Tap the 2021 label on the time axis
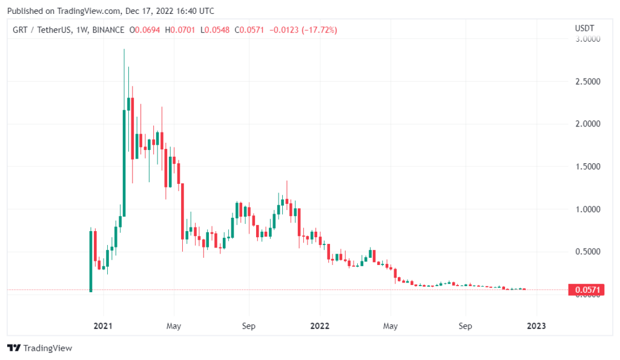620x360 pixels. pyautogui.click(x=104, y=326)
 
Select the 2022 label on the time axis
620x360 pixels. pyautogui.click(x=320, y=326)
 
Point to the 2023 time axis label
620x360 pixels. pyautogui.click(x=536, y=326)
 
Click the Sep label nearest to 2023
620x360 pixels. pyautogui.click(x=465, y=326)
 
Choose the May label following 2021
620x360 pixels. pyautogui.click(x=174, y=326)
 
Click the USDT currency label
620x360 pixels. pyautogui.click(x=584, y=28)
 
